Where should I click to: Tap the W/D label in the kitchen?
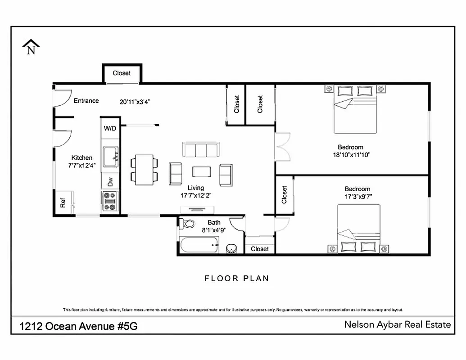(110, 128)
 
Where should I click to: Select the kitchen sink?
(110, 157)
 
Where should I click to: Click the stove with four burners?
(110, 201)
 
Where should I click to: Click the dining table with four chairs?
(144, 170)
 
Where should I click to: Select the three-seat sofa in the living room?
(201, 149)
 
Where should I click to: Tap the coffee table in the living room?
(201, 172)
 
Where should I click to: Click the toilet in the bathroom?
(188, 223)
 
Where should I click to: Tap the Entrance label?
(86, 101)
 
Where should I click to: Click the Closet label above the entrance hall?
(122, 73)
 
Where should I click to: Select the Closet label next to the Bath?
(260, 249)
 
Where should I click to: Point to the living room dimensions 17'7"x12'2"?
(196, 195)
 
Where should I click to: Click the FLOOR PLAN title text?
(237, 279)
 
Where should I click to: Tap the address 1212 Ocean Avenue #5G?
(78, 326)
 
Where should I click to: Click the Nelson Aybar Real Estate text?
(397, 324)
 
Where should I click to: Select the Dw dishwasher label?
(110, 182)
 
